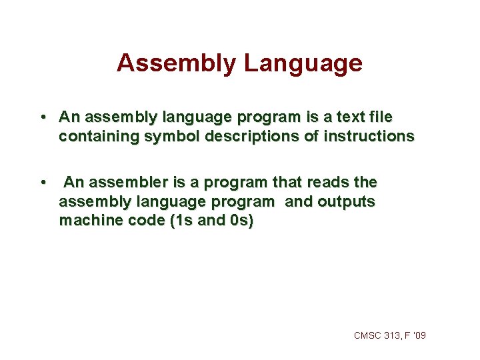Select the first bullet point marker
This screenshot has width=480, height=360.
coord(42,117)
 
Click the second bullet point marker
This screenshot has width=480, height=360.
coord(42,183)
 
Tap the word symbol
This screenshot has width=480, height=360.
coord(168,137)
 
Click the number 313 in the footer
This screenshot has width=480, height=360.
coord(393,335)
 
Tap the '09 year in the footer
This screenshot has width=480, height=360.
coord(419,335)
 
